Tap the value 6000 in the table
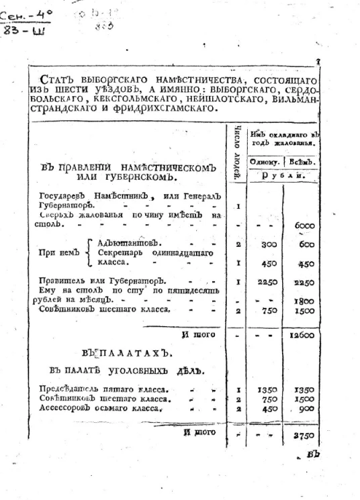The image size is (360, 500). tap(304, 226)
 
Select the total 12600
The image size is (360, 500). tap(303, 333)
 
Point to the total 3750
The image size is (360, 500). tap(304, 435)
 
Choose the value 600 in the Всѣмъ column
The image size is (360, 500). tap(305, 246)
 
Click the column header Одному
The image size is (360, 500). tap(265, 162)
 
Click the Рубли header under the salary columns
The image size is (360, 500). tap(284, 176)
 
